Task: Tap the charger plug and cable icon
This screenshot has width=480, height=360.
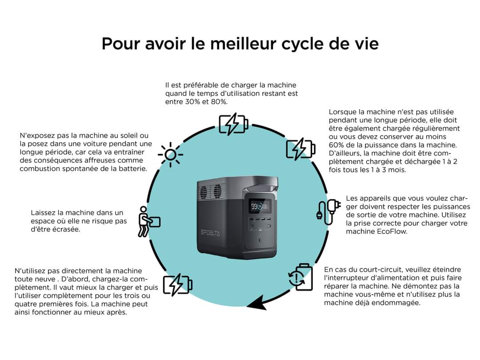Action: coord(328,212)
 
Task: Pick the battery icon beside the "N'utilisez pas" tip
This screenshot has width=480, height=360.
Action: coord(177,285)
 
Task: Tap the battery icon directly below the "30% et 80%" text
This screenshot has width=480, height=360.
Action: coord(233,124)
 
